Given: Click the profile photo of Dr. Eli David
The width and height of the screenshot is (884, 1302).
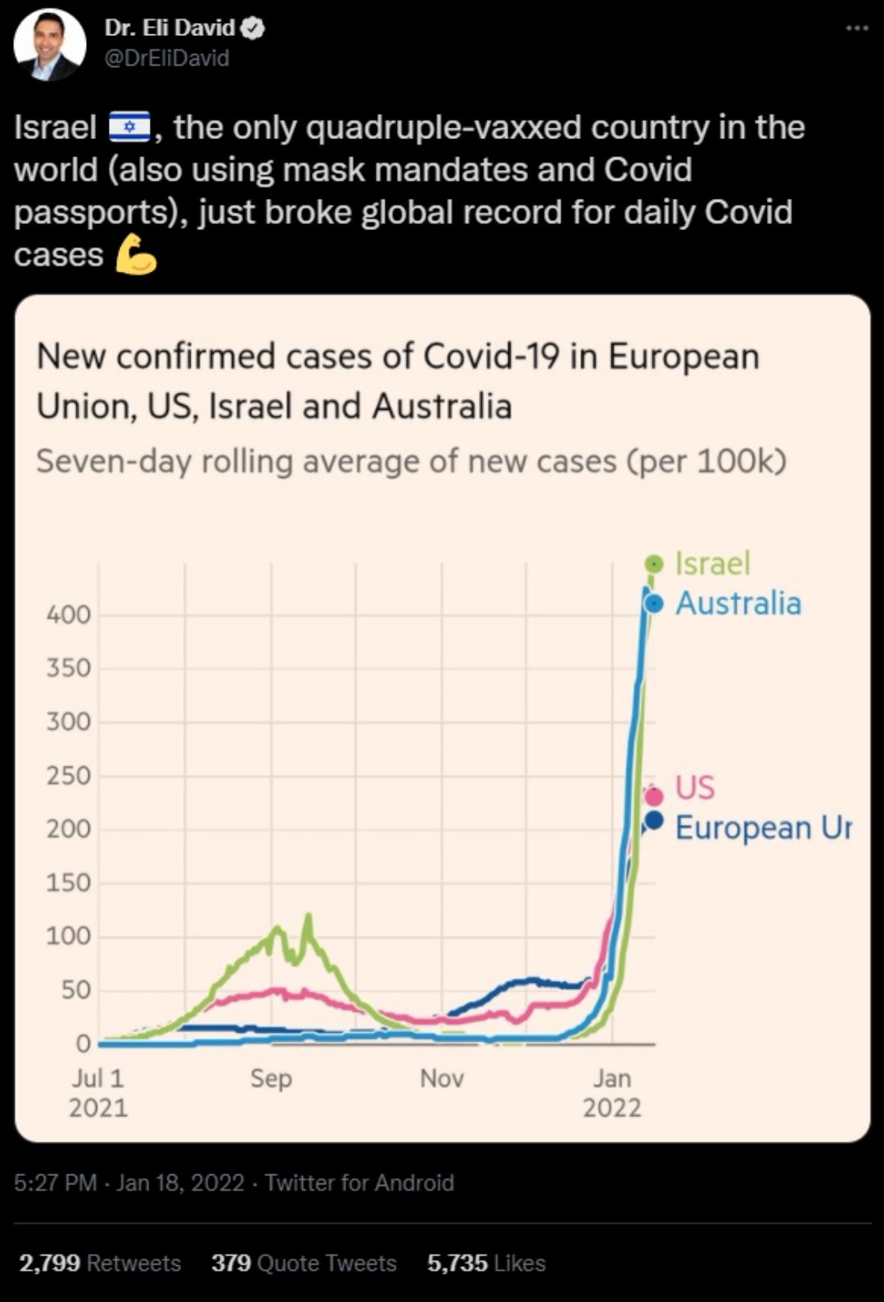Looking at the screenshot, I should pos(49,44).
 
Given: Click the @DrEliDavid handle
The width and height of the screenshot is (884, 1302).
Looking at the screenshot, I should pos(167,58).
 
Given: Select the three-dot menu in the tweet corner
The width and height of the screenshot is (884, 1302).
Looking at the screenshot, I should pos(856,28).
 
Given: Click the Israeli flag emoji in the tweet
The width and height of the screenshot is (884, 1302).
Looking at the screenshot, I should pos(129,128).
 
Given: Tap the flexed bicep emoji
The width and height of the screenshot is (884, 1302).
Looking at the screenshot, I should pos(135,255).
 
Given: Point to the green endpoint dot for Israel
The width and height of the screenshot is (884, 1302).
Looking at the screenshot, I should pos(654,563).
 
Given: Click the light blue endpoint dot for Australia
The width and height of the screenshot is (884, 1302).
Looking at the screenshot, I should pos(654,604).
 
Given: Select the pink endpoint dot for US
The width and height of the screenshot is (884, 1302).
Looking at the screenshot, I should pos(653,795).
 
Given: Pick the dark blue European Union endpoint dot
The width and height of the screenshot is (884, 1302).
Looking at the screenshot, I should pos(653,819).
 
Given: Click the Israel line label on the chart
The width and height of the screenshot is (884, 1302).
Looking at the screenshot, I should pos(712,563).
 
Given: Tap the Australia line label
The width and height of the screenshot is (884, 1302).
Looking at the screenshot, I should pos(737,604).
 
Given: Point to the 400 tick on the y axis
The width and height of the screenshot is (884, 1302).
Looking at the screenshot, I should pos(69,615).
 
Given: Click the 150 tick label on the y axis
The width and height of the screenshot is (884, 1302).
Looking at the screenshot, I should pos(69,883).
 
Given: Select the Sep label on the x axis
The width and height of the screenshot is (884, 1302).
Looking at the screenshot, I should pos(271,1078).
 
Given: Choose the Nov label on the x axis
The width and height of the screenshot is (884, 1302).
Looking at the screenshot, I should pos(442,1078).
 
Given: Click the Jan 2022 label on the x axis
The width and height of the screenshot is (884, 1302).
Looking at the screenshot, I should pos(611,1093).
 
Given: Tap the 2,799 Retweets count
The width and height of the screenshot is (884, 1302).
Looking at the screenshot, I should pos(100,1263).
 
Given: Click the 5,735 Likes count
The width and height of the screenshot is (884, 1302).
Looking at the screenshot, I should pos(486,1263).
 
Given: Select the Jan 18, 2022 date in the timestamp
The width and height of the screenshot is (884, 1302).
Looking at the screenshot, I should pos(180,1183).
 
